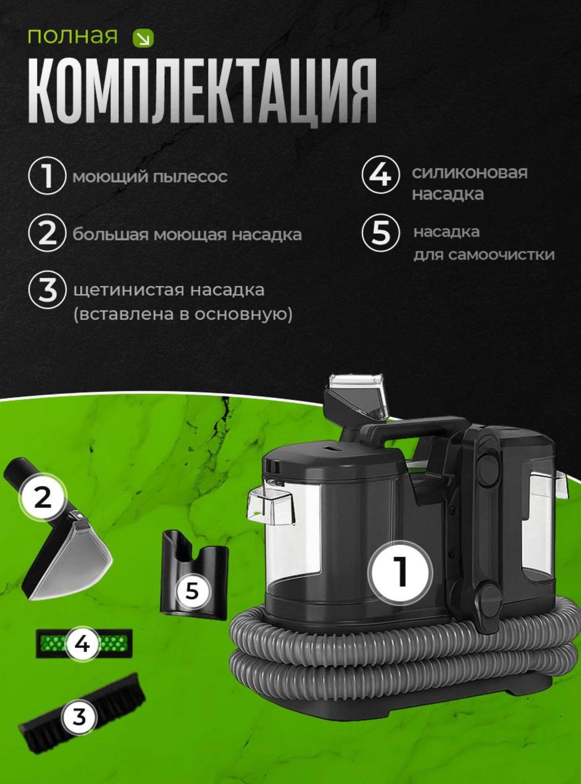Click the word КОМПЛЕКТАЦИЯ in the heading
[202, 91]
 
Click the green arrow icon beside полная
[143, 39]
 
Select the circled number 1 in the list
[48, 175]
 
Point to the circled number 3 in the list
[48, 290]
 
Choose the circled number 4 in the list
[381, 174]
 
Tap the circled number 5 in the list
[381, 232]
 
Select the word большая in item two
[110, 235]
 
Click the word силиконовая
[470, 173]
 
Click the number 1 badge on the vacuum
[400, 572]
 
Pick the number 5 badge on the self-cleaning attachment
[192, 590]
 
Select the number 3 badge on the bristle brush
[79, 716]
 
